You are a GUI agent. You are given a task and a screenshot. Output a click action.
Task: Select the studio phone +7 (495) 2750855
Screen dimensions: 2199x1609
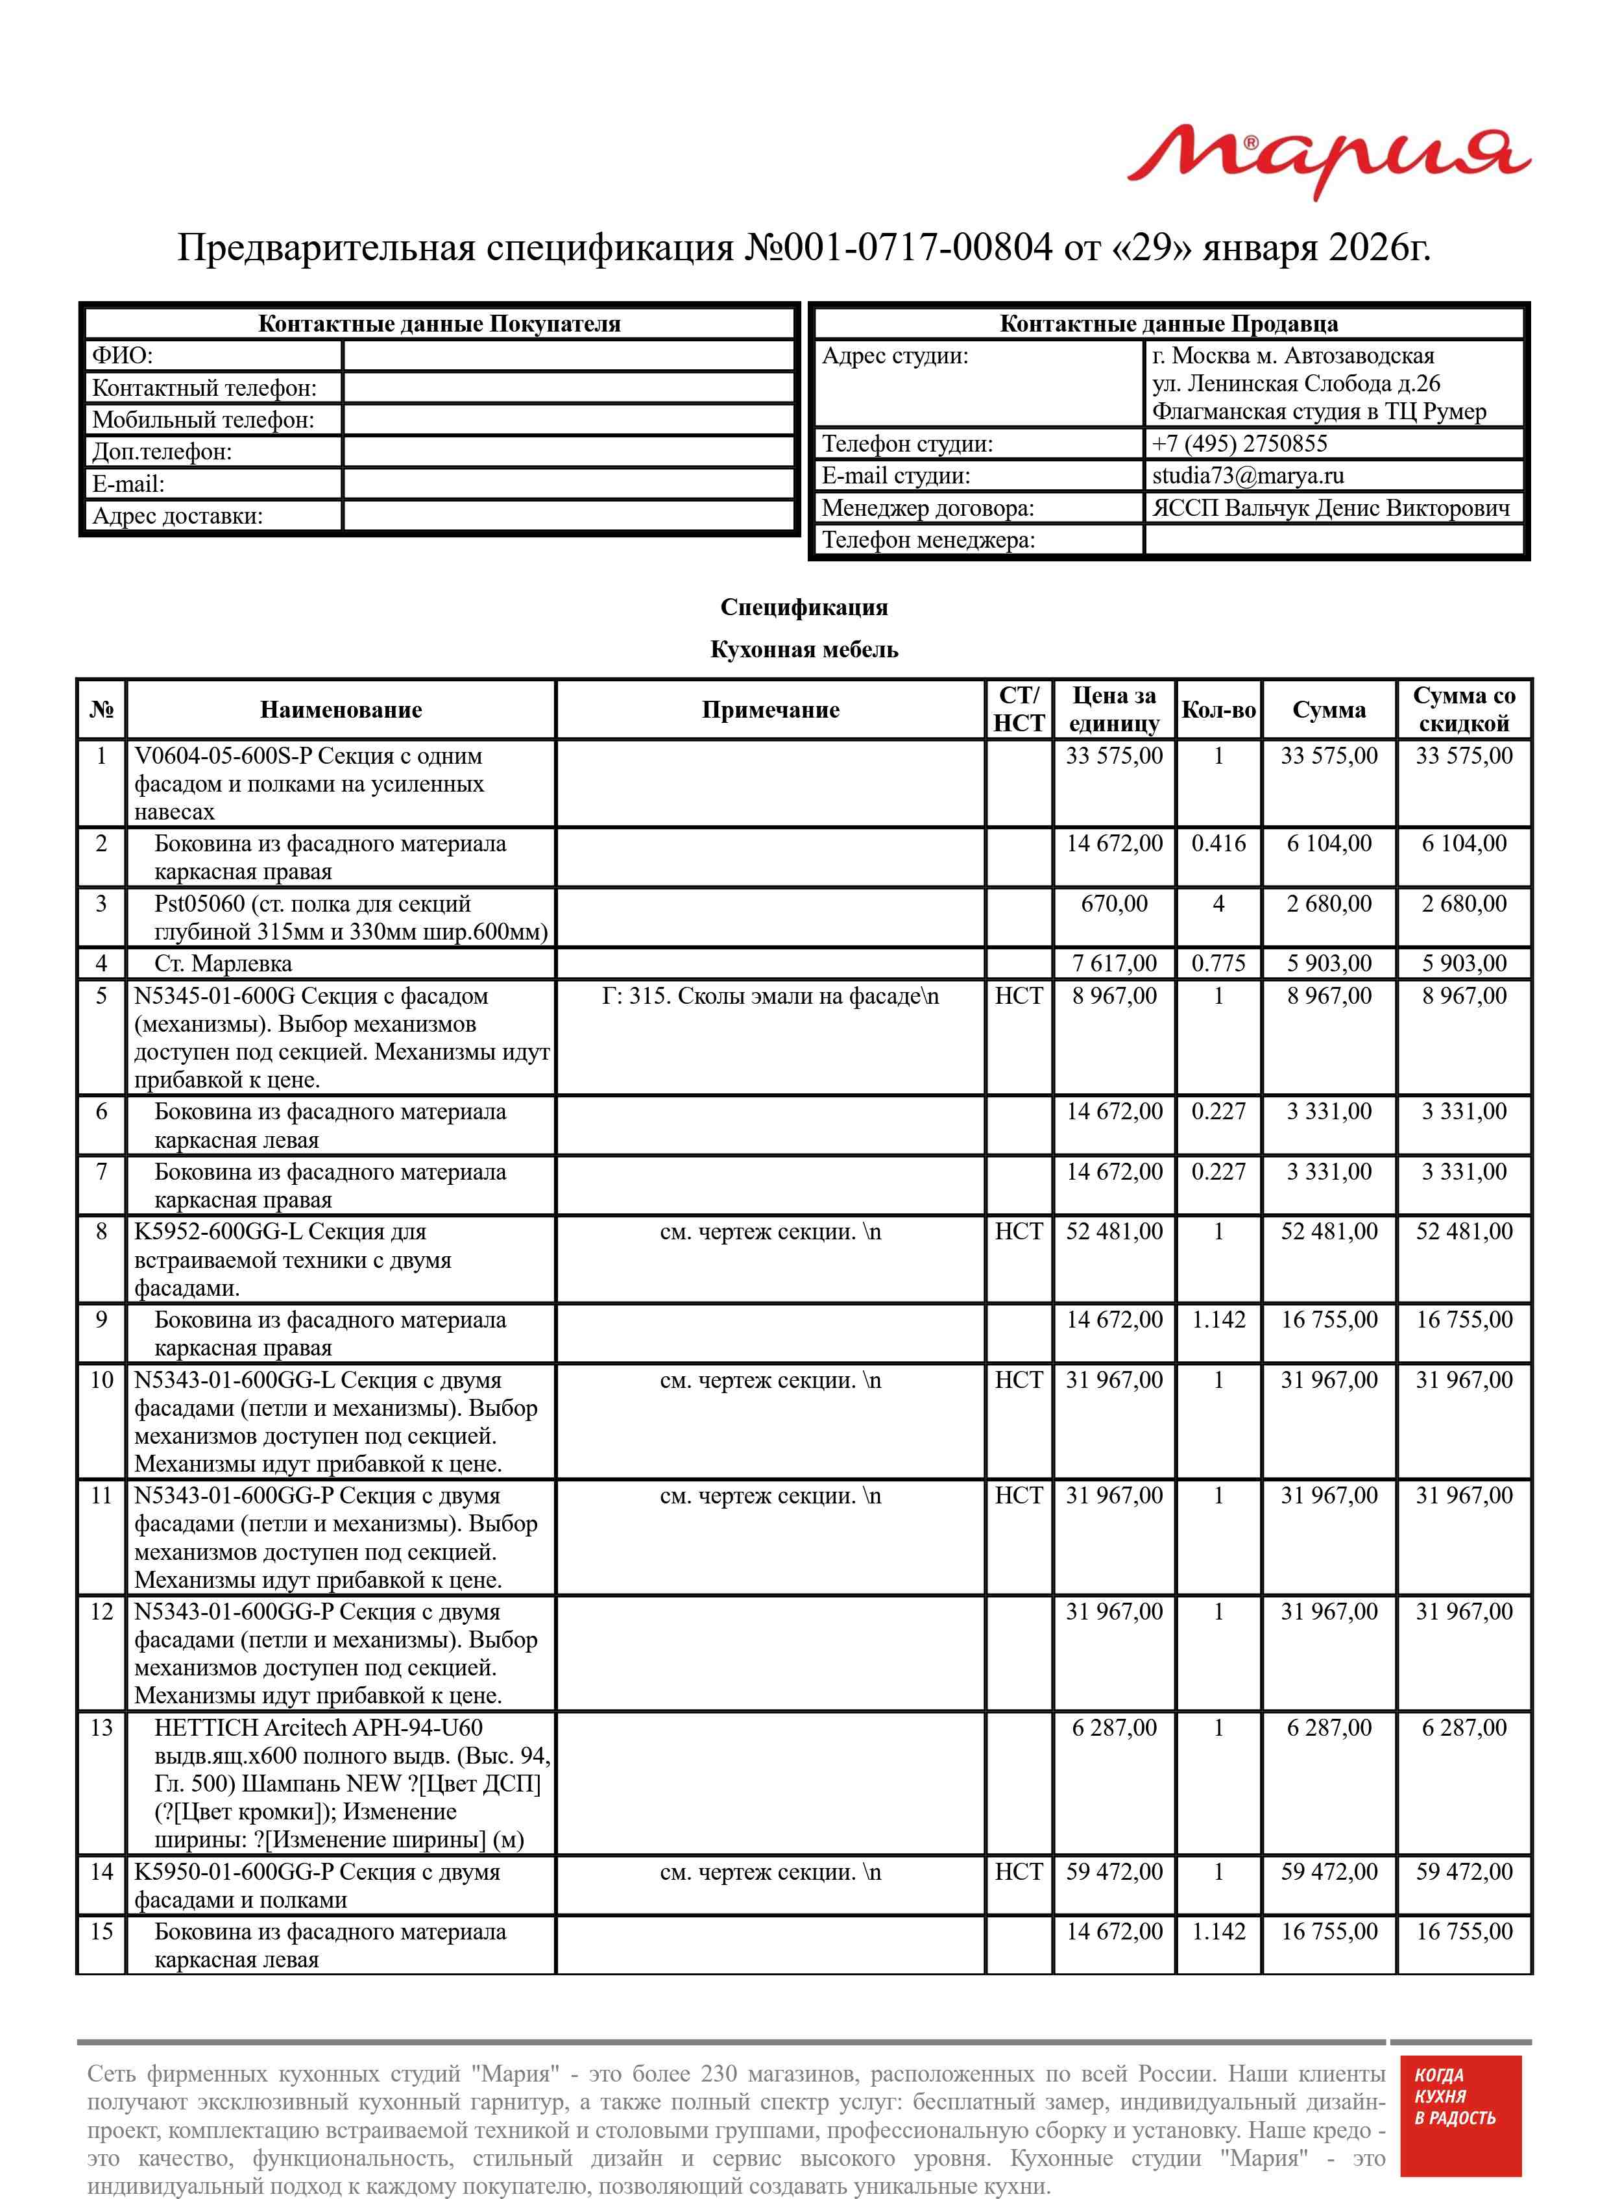click(x=1239, y=443)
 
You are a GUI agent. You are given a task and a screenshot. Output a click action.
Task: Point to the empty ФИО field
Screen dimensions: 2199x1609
click(x=569, y=356)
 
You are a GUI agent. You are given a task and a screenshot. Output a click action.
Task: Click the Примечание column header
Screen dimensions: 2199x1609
click(x=769, y=709)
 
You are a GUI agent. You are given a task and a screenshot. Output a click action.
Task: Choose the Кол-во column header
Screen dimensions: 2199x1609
click(x=1218, y=709)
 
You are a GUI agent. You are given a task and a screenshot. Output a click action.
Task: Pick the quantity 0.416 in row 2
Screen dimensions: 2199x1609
click(x=1218, y=844)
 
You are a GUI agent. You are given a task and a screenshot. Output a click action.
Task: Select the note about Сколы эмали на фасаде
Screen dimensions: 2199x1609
click(x=769, y=996)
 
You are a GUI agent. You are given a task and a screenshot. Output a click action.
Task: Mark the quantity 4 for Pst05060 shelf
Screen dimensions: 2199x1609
click(x=1218, y=904)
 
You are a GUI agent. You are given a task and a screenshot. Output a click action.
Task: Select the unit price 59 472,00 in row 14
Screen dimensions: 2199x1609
click(x=1113, y=1872)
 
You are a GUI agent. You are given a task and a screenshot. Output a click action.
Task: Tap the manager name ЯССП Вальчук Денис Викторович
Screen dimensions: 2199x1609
click(x=1331, y=507)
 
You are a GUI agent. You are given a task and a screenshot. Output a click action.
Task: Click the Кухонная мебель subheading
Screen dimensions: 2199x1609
click(x=803, y=650)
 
